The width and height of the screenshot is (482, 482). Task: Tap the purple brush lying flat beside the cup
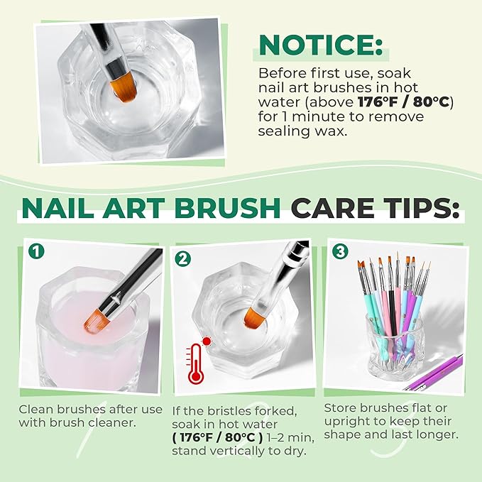pos(434,373)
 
